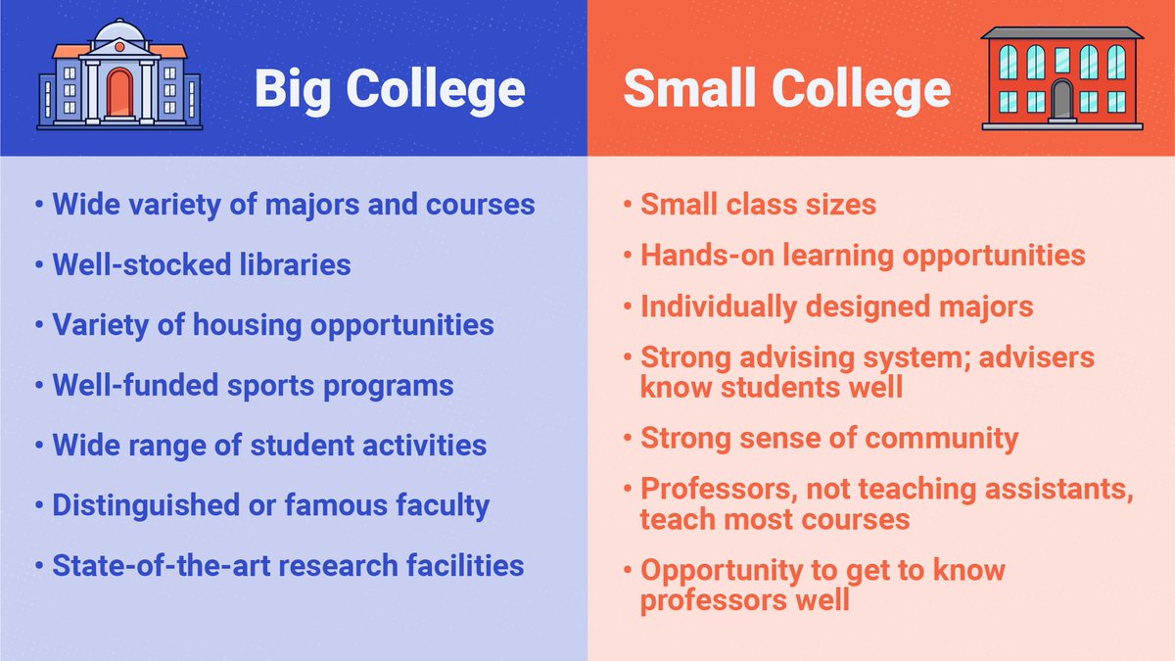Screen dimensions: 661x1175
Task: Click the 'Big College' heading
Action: pyautogui.click(x=390, y=90)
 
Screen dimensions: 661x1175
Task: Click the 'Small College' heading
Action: pyautogui.click(x=786, y=90)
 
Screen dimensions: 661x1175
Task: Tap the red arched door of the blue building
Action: pyautogui.click(x=119, y=93)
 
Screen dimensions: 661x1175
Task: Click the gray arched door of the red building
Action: pyautogui.click(x=1062, y=99)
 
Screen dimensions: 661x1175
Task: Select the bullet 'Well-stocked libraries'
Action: pyautogui.click(x=201, y=264)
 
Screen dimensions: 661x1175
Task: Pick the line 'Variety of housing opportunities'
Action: pyautogui.click(x=272, y=324)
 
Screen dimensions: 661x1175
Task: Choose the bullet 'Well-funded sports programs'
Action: pyautogui.click(x=253, y=385)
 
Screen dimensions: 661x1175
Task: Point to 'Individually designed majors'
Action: pyautogui.click(x=836, y=307)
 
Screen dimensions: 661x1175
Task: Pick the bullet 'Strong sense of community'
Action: pyautogui.click(x=829, y=438)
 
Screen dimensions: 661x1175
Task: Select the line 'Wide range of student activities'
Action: pyautogui.click(x=269, y=445)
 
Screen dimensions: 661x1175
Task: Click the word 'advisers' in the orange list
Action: pyautogui.click(x=1033, y=357)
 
